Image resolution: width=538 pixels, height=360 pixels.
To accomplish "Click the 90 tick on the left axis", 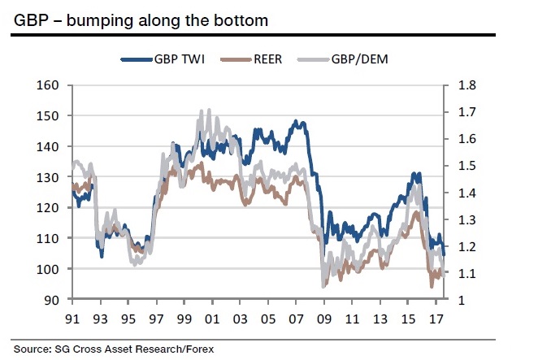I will click(x=53, y=300).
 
